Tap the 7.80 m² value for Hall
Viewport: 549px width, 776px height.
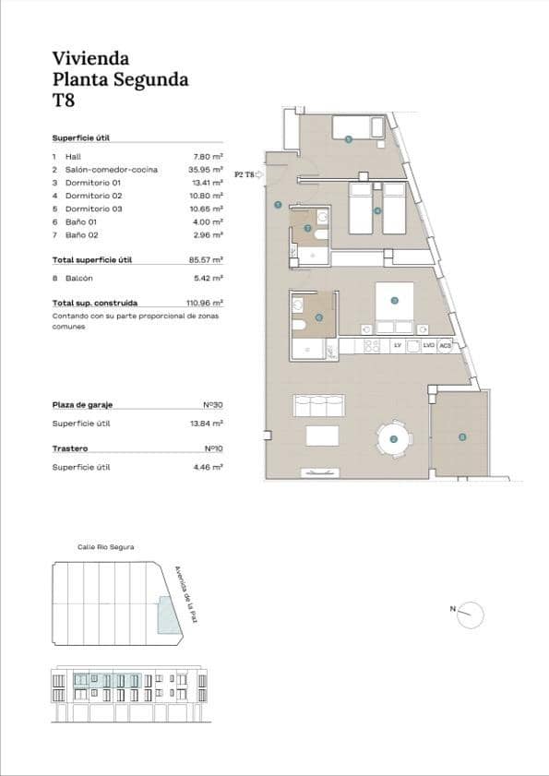point(208,157)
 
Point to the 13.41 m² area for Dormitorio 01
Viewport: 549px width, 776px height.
point(208,183)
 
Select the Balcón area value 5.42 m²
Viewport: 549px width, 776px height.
point(208,277)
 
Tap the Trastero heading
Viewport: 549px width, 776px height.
point(70,448)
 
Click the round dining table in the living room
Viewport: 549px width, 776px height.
point(394,439)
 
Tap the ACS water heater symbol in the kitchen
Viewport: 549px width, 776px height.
point(445,345)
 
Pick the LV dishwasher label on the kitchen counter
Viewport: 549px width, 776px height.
point(398,345)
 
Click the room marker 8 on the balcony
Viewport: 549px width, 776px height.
point(463,436)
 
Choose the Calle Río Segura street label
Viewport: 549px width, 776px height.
point(106,547)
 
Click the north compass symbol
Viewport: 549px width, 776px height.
point(471,614)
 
